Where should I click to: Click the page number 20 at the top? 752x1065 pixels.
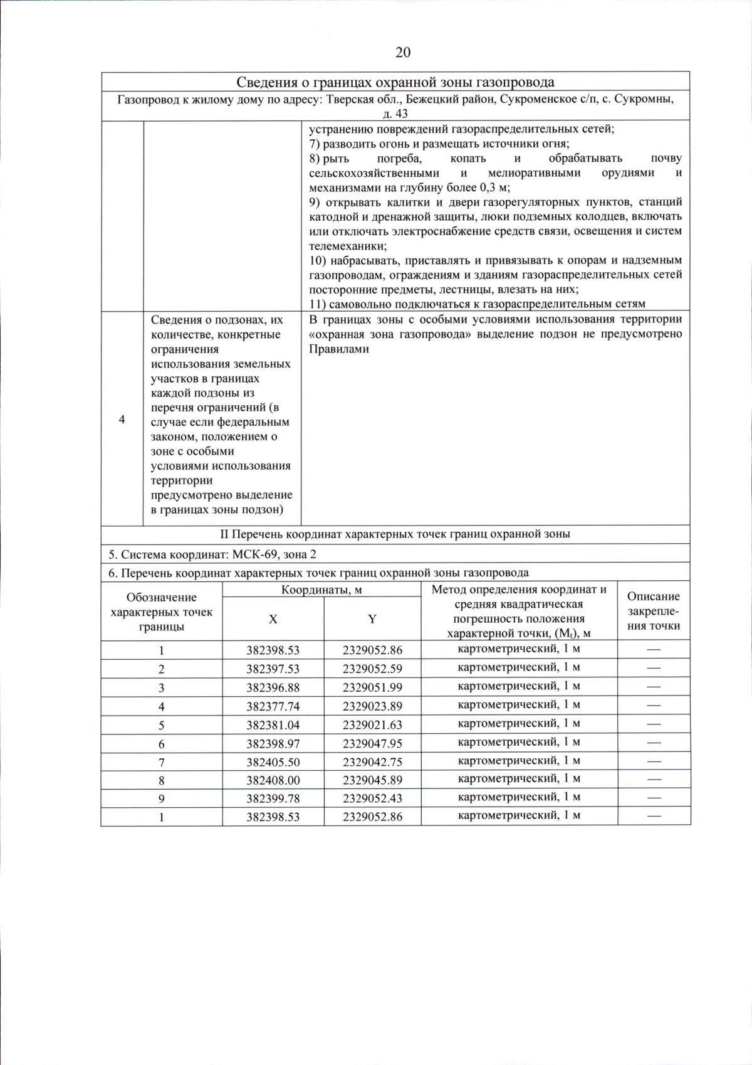(x=403, y=53)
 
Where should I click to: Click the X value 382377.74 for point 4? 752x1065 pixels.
(x=273, y=706)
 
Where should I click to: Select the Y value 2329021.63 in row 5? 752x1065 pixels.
(x=372, y=725)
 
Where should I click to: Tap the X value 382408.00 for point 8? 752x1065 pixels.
(x=273, y=780)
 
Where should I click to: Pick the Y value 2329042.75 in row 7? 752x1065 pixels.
(x=372, y=762)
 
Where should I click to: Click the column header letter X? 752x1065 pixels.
(x=273, y=619)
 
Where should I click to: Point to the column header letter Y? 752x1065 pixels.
(x=372, y=619)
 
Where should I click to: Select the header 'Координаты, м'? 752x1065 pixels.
(x=321, y=590)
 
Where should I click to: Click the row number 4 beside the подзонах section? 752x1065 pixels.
(x=122, y=420)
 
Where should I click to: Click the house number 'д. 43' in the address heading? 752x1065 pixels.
(x=395, y=114)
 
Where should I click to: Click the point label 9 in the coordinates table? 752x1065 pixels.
(x=161, y=799)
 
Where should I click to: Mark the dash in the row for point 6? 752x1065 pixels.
(x=654, y=743)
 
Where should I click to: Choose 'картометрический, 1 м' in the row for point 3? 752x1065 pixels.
(x=519, y=686)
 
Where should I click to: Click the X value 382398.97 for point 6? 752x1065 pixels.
(x=273, y=744)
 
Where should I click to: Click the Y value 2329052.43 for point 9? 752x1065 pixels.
(x=372, y=798)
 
